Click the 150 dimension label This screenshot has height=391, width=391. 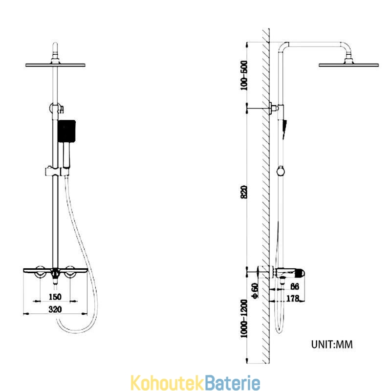point(55,297)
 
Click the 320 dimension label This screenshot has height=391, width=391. point(55,309)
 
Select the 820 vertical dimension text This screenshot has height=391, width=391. point(244,192)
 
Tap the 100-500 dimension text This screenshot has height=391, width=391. point(244,75)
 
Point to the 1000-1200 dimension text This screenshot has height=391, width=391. point(244,319)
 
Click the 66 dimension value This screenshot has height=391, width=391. point(295,286)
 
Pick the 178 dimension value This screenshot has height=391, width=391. point(292,298)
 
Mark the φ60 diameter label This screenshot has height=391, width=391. point(255,290)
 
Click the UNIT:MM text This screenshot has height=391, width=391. point(332,345)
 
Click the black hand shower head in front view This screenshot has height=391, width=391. point(66,131)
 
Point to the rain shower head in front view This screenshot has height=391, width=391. point(55,65)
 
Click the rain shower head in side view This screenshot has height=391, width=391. point(348,65)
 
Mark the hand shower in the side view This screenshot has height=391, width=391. point(284,129)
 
